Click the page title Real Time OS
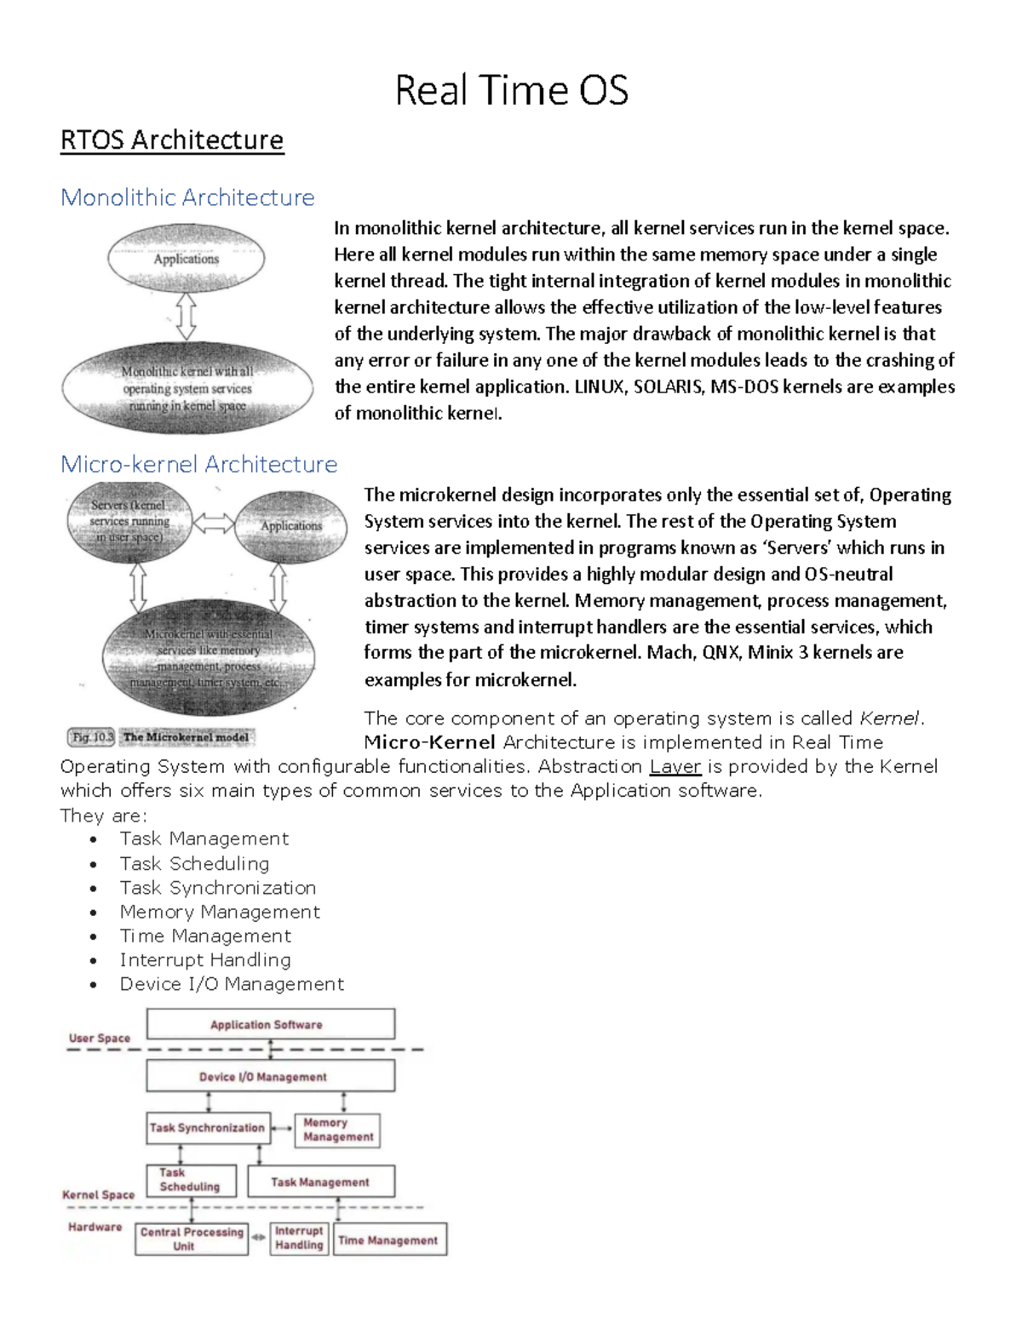[511, 90]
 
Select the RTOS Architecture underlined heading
[171, 140]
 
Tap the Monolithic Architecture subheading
[187, 197]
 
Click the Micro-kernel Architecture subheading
[198, 464]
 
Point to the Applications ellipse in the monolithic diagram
[186, 259]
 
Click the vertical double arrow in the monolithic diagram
[187, 317]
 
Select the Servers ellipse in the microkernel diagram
[129, 521]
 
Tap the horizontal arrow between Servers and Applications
[214, 524]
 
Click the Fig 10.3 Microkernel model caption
[161, 737]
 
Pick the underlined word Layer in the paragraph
[675, 766]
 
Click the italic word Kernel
[889, 718]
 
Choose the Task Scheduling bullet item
[194, 863]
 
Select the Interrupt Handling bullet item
[205, 959]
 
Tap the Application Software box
[270, 1024]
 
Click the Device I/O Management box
[270, 1077]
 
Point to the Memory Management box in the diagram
[337, 1130]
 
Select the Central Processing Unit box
[192, 1239]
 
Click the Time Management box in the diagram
[389, 1239]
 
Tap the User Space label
[100, 1038]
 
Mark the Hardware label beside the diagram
[95, 1227]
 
